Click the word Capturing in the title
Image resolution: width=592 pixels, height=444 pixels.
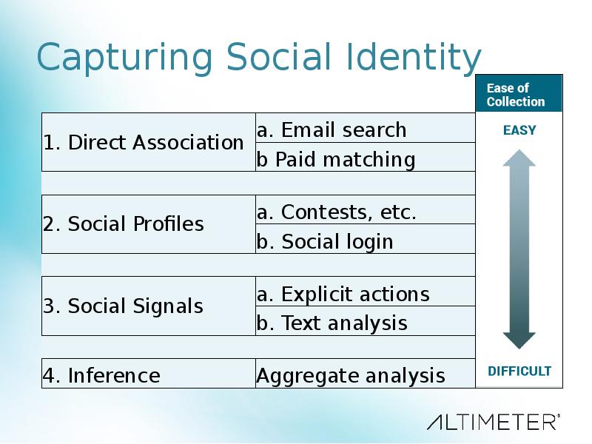pos(124,58)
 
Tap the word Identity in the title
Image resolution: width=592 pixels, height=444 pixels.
pos(414,58)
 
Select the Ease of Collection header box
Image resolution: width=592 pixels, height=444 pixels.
pos(519,93)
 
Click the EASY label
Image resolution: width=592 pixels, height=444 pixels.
pos(519,130)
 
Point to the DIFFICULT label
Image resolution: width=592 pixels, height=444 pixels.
pos(519,371)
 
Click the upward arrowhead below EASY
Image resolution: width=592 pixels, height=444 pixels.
pos(519,158)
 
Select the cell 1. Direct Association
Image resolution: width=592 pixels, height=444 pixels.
pos(149,142)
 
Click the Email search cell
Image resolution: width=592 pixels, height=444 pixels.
pos(366,127)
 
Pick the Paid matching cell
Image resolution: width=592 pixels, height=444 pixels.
pos(366,157)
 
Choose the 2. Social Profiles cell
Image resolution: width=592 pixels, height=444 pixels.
pos(149,224)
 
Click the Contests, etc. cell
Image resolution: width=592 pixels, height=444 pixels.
pos(366,209)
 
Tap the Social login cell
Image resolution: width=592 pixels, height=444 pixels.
pos(366,239)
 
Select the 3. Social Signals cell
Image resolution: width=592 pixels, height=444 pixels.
pos(149,306)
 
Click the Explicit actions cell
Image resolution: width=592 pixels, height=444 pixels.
pos(366,292)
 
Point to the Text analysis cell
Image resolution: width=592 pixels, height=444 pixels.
pos(366,321)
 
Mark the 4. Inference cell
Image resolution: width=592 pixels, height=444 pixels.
pos(149,374)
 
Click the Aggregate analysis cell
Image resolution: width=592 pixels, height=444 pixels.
pos(366,374)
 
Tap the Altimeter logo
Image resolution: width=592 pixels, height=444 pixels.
pos(494,422)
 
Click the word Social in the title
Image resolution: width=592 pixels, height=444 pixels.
pos(279,57)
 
